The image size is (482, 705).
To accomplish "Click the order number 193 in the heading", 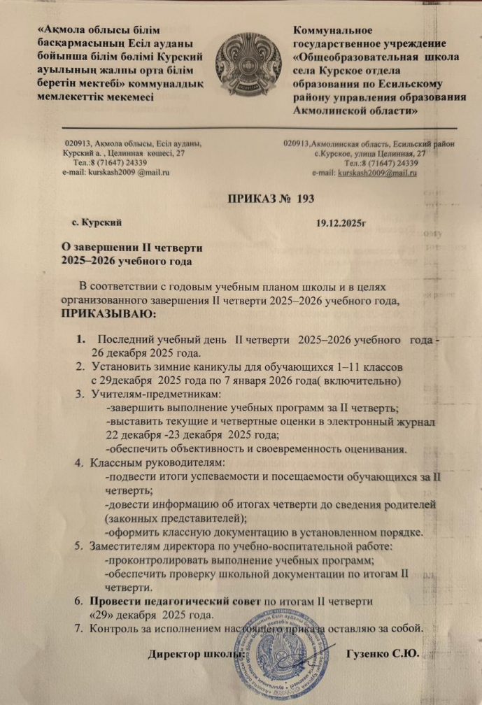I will (305, 199).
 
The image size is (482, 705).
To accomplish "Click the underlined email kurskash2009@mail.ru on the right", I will (378, 172).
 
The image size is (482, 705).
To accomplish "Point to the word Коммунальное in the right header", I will (332, 30).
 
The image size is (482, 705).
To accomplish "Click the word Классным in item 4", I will (113, 462).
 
